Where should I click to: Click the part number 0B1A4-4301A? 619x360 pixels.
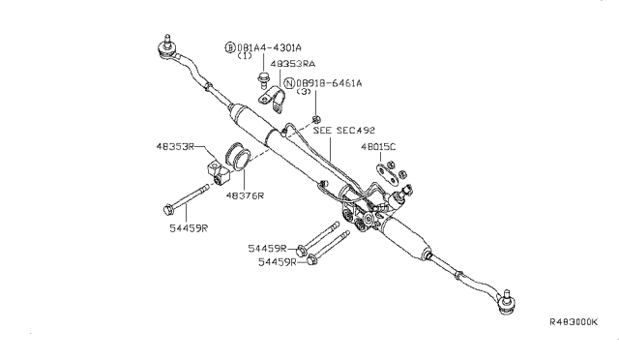click(269, 47)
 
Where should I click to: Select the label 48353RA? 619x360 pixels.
click(292, 64)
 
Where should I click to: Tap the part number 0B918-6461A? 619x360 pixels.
click(329, 83)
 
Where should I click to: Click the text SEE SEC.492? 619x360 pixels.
click(344, 130)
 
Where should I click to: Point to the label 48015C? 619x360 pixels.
click(378, 147)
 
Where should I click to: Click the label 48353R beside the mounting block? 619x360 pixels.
click(175, 146)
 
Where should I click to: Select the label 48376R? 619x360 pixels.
click(245, 195)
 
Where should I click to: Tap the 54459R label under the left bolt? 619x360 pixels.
click(189, 228)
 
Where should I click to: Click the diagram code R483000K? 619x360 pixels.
click(574, 321)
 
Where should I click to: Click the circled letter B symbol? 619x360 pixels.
click(230, 47)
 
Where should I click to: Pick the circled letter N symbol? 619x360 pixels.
click(290, 83)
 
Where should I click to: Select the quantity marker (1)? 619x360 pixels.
click(245, 56)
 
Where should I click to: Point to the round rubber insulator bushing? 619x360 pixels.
click(236, 157)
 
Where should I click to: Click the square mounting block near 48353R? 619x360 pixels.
click(218, 172)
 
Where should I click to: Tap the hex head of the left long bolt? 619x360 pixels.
click(168, 209)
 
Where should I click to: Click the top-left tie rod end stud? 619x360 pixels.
click(167, 41)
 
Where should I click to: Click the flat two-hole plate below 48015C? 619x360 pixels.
click(387, 174)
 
